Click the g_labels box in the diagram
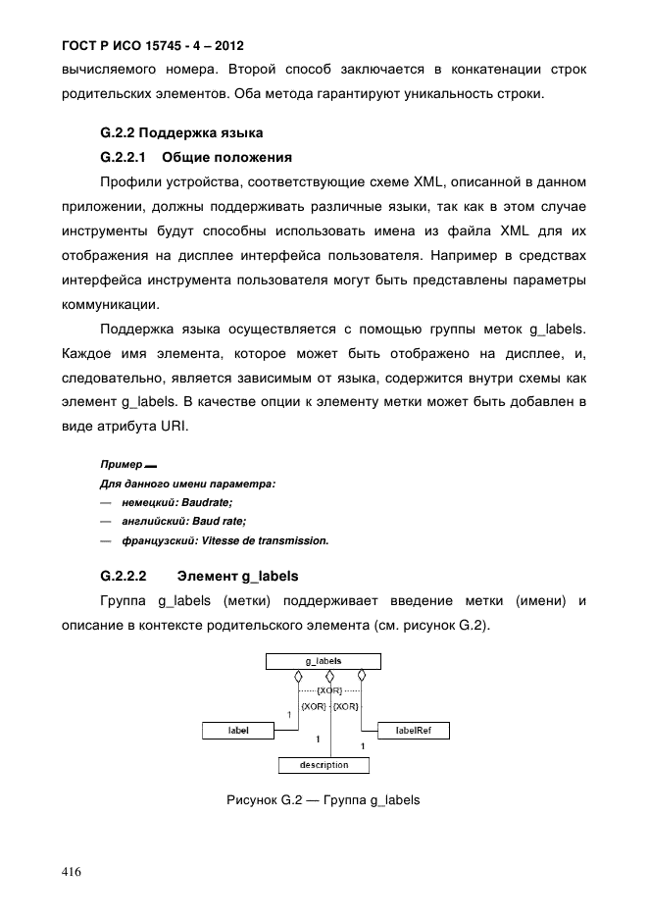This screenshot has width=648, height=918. (x=323, y=662)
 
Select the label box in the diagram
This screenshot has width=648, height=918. (x=238, y=730)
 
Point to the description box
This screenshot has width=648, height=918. (x=324, y=765)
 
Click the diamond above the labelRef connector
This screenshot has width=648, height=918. (x=362, y=676)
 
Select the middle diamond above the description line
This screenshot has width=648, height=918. (x=329, y=676)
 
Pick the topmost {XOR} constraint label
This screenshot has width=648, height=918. (x=329, y=691)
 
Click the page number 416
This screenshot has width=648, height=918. (x=71, y=872)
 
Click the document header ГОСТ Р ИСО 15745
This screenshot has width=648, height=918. (x=152, y=46)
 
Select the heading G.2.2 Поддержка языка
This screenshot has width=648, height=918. (x=181, y=132)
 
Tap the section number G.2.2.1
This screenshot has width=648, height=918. (x=123, y=157)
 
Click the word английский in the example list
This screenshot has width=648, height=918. (x=149, y=522)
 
